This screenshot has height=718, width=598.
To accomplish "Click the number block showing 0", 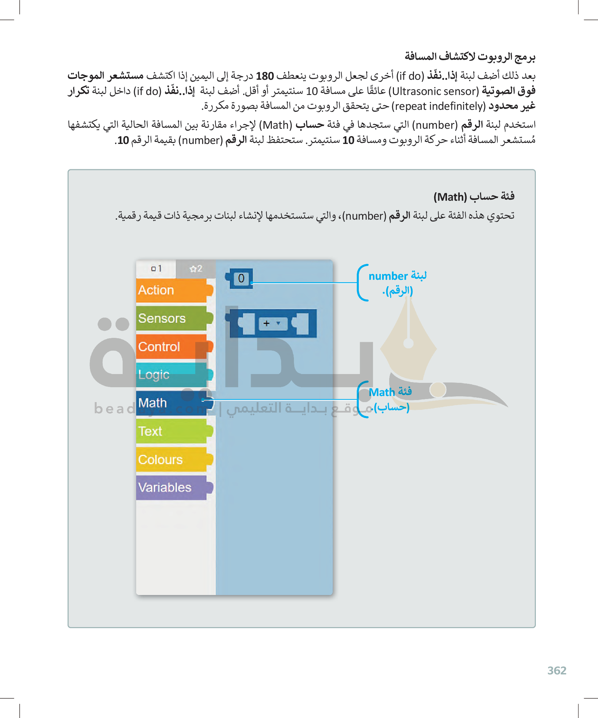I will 241,278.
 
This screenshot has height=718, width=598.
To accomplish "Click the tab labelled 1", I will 156,269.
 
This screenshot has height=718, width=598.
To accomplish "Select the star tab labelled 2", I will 196,269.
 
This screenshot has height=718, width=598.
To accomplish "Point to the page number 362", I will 557,671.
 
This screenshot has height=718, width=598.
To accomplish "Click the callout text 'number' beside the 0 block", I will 388,276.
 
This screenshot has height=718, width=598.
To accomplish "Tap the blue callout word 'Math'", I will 381,393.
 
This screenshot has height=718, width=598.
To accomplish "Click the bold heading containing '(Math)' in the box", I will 474,197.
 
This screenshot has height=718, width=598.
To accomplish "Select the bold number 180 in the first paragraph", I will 265,76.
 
